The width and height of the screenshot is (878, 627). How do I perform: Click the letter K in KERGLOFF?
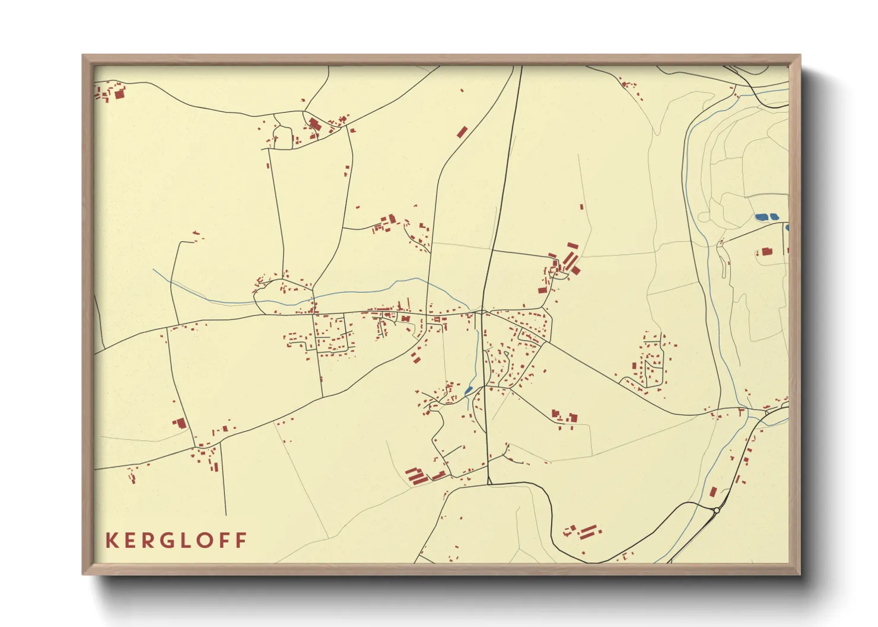[x=111, y=540]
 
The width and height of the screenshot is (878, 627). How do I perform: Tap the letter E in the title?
[x=131, y=540]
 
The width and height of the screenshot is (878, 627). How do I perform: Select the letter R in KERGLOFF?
[x=151, y=540]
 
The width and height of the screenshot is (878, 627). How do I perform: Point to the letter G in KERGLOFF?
[x=173, y=540]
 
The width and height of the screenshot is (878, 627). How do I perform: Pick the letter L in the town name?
[x=194, y=540]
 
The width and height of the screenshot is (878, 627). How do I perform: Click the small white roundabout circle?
[x=717, y=510]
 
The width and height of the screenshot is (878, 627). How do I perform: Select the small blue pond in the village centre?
[x=468, y=391]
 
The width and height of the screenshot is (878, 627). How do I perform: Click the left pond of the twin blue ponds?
[x=761, y=217]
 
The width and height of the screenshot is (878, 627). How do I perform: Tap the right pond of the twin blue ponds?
[x=774, y=217]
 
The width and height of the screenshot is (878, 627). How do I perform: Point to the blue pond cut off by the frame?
[x=787, y=227]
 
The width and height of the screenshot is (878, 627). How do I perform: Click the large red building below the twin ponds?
[x=766, y=252]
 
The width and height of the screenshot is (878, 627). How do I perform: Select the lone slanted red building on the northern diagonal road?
[x=462, y=132]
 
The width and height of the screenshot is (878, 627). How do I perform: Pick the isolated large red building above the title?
[x=180, y=423]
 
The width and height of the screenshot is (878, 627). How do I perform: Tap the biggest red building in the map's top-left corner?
[x=119, y=94]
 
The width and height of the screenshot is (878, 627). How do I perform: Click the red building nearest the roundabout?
[x=713, y=492]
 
